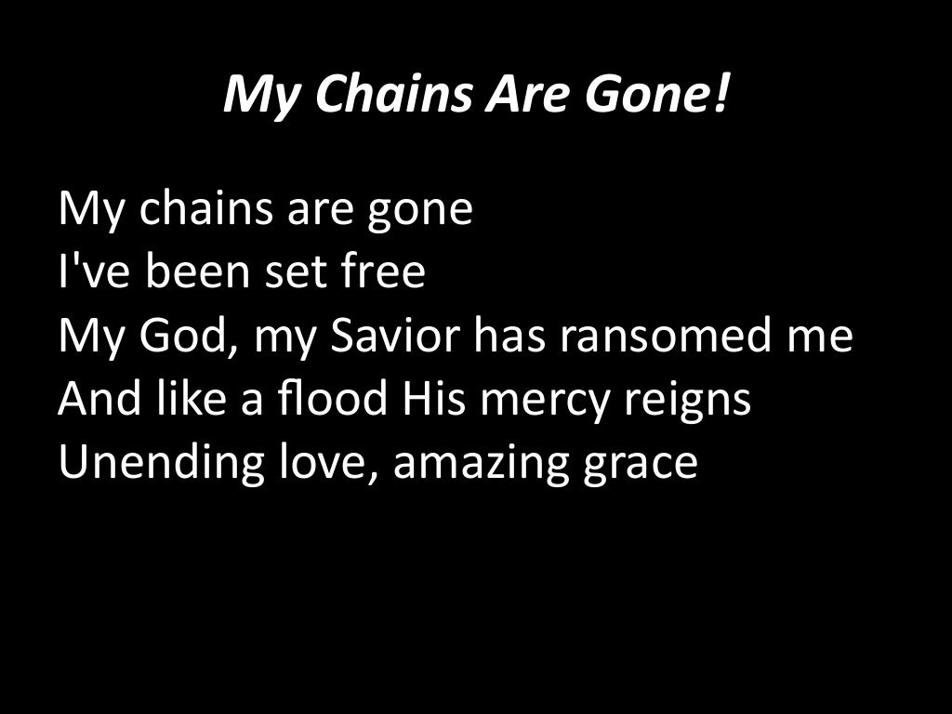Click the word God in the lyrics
coord(182,336)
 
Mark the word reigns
coord(686,401)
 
